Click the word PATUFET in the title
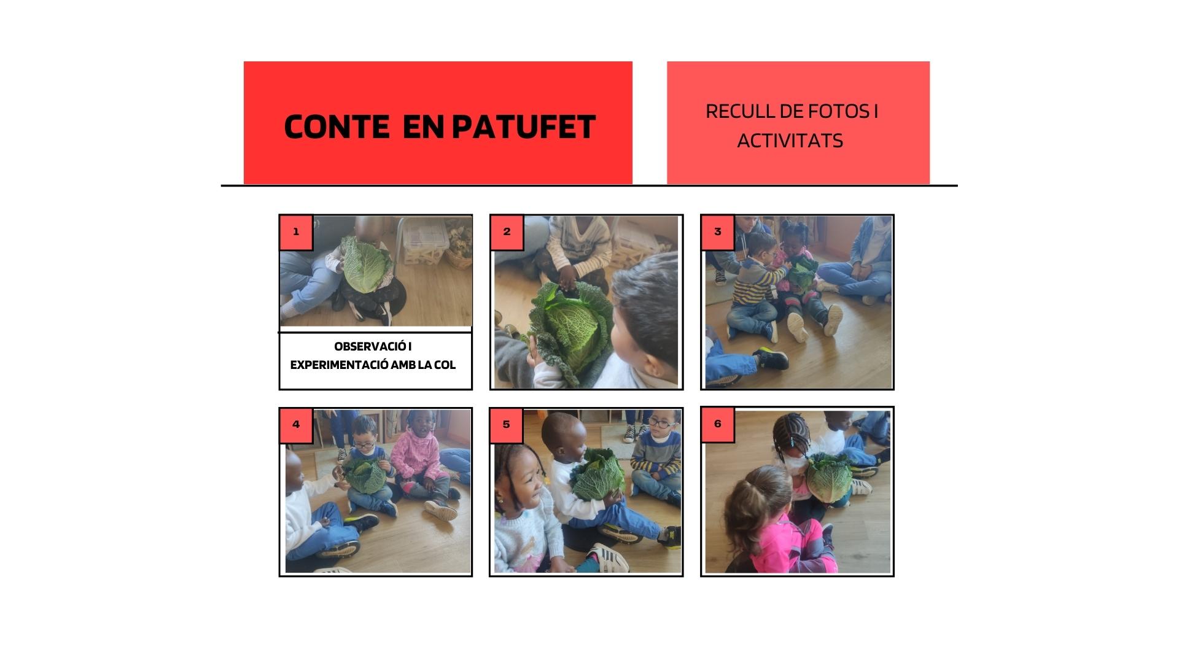523,126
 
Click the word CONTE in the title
337,126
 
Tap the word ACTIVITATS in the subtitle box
790,141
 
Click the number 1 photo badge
296,232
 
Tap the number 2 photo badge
507,232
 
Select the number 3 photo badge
718,232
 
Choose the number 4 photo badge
296,424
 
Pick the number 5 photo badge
507,424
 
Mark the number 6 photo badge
718,424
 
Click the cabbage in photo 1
367,265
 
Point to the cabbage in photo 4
365,478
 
